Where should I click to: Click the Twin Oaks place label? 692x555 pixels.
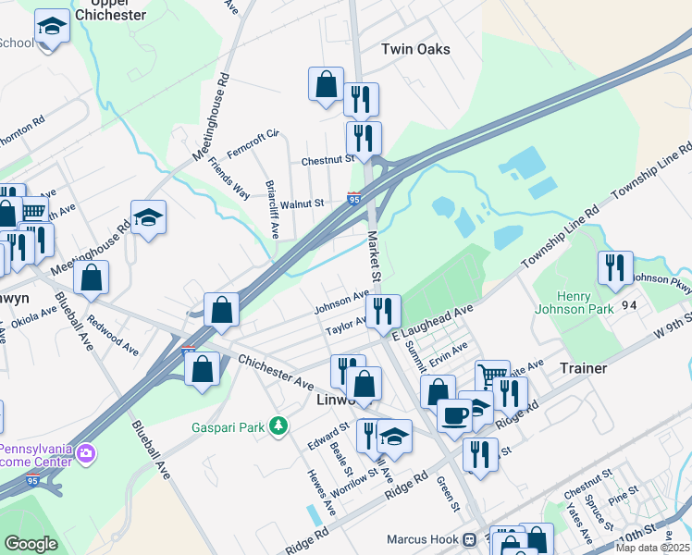tap(415, 49)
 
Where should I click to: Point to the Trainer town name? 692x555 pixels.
tap(583, 368)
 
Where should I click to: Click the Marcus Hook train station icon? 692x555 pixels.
tap(470, 538)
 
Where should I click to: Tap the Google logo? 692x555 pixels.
tap(31, 544)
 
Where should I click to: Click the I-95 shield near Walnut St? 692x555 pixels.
tap(354, 198)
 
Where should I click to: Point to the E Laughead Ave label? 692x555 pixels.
tap(431, 323)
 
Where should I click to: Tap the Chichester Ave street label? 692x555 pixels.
tap(278, 368)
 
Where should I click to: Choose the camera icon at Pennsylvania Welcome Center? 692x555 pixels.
tap(86, 453)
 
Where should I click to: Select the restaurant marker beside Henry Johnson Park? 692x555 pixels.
tap(615, 268)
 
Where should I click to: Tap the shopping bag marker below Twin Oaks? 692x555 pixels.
tap(326, 84)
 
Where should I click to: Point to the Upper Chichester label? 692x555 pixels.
tap(111, 10)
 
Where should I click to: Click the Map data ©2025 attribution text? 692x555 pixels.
tap(652, 548)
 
